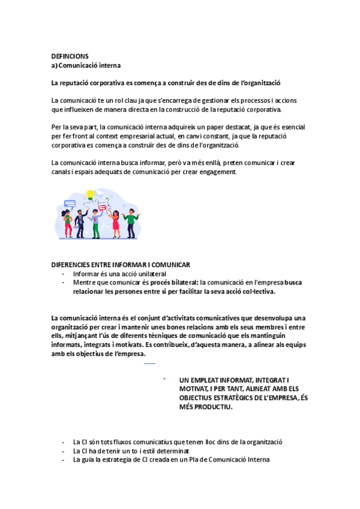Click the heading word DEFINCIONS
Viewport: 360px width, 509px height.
click(x=70, y=56)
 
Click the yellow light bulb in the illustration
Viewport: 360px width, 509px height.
click(x=91, y=195)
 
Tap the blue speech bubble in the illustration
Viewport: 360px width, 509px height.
click(x=70, y=204)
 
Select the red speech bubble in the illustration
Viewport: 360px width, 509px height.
click(x=103, y=208)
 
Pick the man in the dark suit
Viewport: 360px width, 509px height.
click(x=81, y=223)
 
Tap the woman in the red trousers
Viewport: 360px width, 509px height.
click(x=68, y=224)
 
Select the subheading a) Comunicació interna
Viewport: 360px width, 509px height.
click(x=86, y=65)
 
